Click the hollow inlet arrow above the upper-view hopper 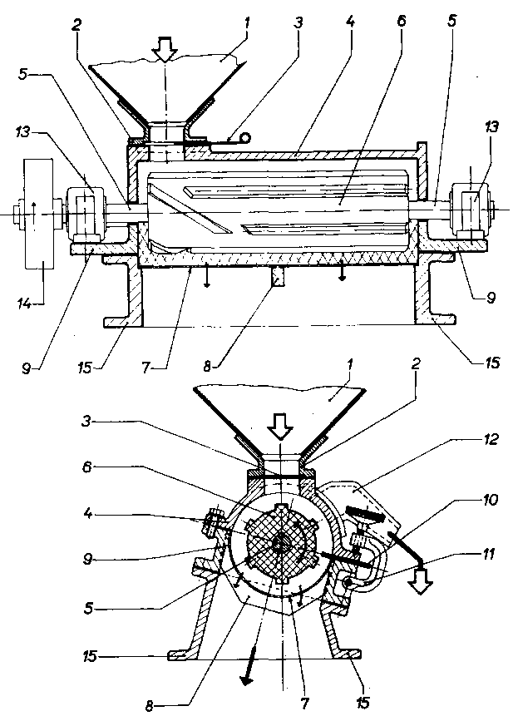pos(165,49)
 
